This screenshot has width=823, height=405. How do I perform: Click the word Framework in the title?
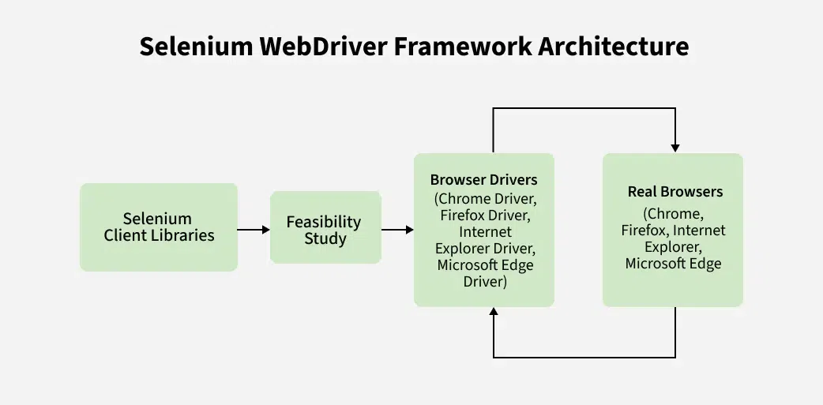point(466,46)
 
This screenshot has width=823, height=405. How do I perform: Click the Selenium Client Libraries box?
point(159,227)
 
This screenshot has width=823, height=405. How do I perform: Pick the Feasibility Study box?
point(325,227)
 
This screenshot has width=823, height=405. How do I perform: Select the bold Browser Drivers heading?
point(483,180)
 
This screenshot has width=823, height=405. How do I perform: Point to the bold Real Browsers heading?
point(675,192)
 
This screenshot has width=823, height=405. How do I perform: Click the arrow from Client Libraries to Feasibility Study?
point(254,230)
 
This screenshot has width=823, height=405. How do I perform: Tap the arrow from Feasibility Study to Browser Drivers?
point(397,230)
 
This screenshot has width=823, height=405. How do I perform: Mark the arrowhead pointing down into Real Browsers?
point(675,148)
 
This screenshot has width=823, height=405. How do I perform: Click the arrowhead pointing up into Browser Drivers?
point(494,313)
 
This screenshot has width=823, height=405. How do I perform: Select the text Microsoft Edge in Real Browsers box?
point(673,264)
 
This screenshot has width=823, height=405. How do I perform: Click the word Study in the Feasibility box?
point(325,238)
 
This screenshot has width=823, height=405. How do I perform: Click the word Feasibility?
point(324,222)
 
